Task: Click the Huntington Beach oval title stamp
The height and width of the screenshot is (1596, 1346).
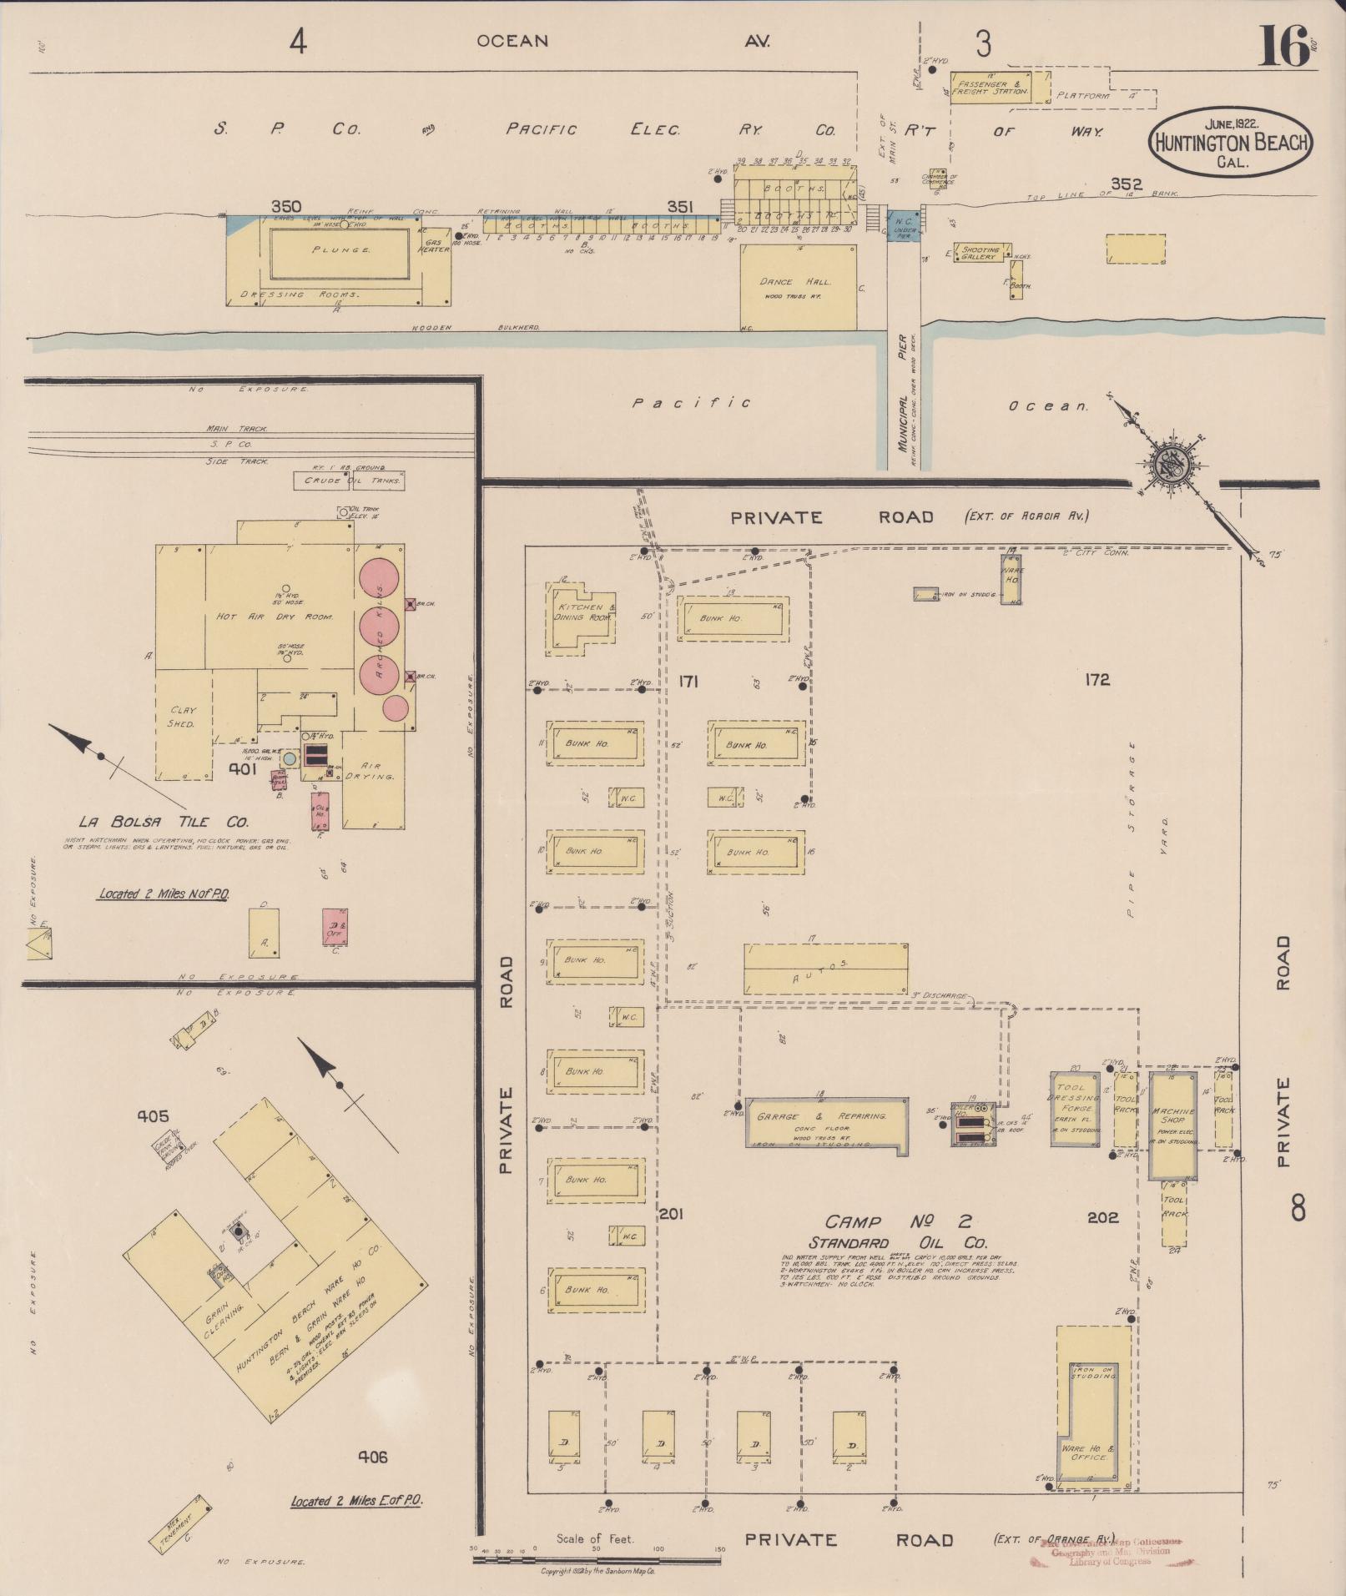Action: pyautogui.click(x=1231, y=140)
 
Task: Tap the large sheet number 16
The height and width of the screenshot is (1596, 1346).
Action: pyautogui.click(x=1285, y=46)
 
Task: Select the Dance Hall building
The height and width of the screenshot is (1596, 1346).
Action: pyautogui.click(x=798, y=285)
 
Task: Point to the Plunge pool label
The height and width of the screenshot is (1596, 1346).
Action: pyautogui.click(x=340, y=249)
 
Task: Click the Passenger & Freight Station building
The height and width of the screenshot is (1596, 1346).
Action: pyautogui.click(x=991, y=87)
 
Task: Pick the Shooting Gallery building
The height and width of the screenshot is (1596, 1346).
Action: pyautogui.click(x=980, y=253)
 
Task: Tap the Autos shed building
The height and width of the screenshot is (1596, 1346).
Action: pyautogui.click(x=825, y=969)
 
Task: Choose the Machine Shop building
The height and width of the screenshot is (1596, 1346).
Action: pyautogui.click(x=1172, y=1121)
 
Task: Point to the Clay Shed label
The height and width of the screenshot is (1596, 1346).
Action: pyautogui.click(x=183, y=717)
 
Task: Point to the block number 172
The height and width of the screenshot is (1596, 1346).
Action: pyautogui.click(x=1097, y=680)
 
